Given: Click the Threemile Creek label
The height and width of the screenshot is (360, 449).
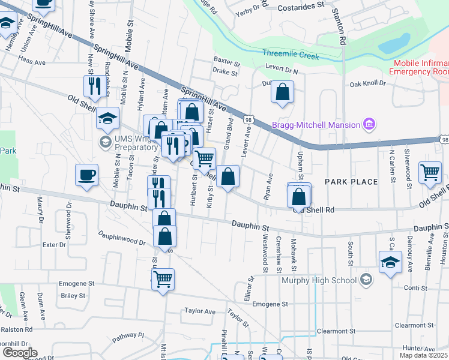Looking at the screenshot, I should click(291, 53).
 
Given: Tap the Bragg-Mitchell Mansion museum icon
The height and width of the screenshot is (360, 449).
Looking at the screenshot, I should click(370, 125).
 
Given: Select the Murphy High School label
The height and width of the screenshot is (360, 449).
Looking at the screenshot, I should click(324, 280).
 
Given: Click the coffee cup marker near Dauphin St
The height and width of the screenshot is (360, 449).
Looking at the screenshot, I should click(86, 175).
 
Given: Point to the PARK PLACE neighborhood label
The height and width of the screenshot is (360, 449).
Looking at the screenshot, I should click(351, 181).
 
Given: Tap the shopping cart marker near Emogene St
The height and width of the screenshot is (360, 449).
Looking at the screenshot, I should click(163, 279).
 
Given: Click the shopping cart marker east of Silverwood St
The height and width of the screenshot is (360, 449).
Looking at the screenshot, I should click(430, 172).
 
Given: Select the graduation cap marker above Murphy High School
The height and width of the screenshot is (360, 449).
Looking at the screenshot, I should click(390, 262).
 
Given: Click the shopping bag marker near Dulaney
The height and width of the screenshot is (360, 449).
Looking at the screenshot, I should click(282, 92).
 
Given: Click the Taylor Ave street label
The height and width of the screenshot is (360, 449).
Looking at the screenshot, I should click(200, 311).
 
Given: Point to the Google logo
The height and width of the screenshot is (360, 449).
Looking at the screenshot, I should click(20, 353).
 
